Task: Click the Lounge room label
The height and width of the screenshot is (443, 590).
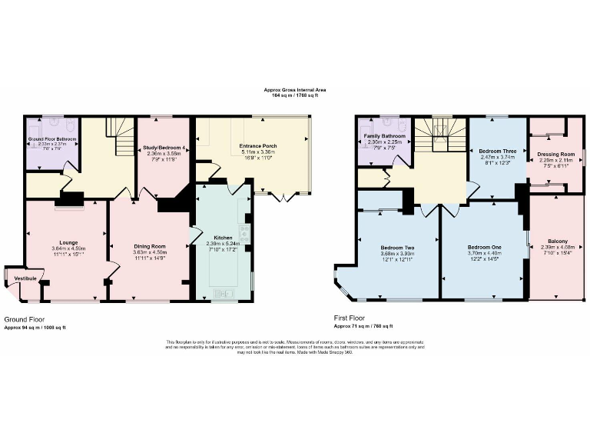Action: tap(63, 242)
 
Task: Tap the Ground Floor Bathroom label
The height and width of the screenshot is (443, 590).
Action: tap(53, 138)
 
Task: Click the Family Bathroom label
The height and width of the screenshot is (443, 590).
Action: tap(385, 136)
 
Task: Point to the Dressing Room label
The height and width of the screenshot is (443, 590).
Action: tap(558, 154)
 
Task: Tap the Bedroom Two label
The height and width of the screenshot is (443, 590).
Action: tap(397, 248)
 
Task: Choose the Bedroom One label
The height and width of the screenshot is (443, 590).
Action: tap(484, 248)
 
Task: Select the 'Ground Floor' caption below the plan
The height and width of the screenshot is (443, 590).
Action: tap(25, 318)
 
